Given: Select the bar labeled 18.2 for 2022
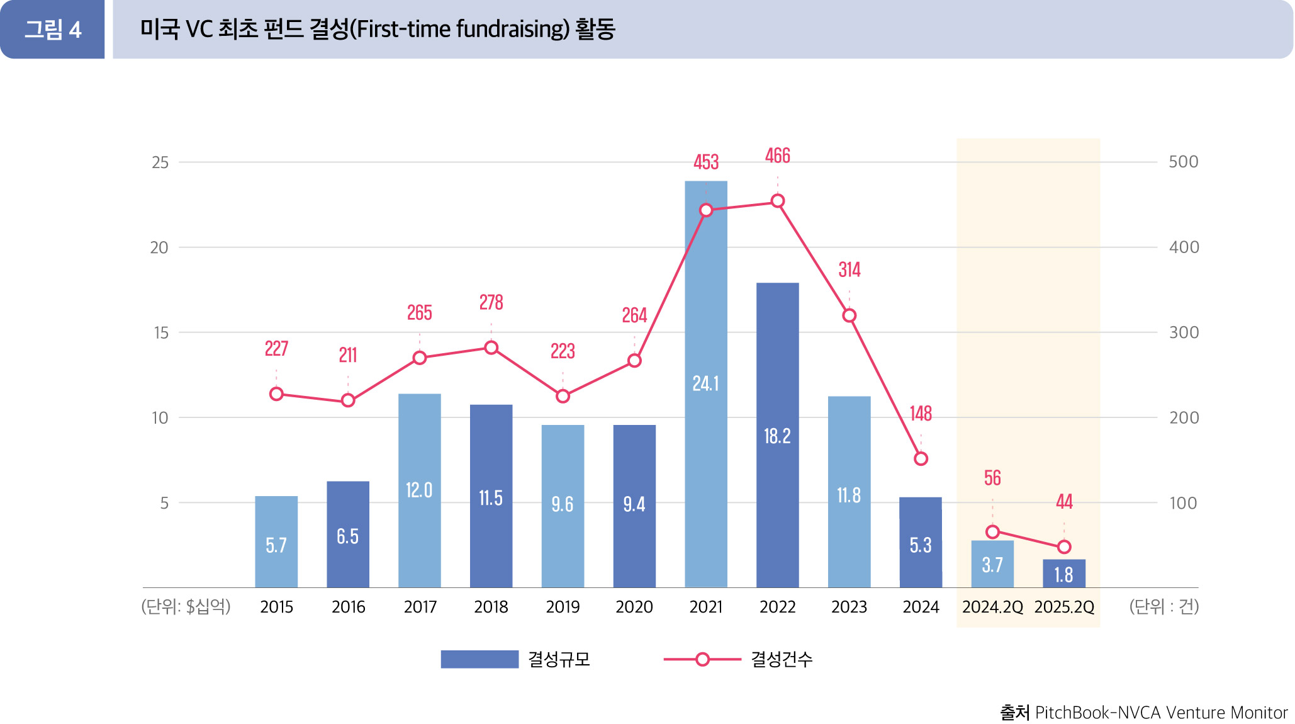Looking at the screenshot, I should click(777, 435).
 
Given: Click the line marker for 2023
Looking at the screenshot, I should click(849, 315).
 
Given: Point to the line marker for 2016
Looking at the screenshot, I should click(348, 400).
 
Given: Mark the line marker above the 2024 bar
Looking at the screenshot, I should click(921, 459).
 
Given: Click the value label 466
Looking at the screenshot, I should click(777, 156).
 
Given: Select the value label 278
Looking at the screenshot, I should click(491, 303).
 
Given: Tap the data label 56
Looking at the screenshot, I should click(992, 478).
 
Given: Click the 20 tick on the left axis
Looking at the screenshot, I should click(159, 247).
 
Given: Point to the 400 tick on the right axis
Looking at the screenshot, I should click(1184, 247).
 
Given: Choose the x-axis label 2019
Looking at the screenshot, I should click(563, 607).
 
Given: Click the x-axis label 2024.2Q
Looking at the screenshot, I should click(992, 607).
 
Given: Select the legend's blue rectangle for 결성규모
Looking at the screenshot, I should click(479, 659).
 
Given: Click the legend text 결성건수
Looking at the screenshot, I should click(782, 659).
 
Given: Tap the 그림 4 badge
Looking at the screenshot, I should click(53, 30).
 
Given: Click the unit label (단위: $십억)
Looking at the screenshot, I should click(186, 606).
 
